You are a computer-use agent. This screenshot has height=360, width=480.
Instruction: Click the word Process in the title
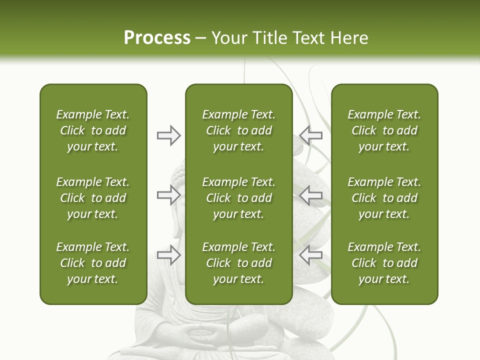click(x=157, y=38)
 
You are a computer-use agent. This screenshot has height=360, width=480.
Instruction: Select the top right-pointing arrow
click(x=168, y=135)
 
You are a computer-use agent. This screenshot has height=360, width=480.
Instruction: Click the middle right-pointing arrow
click(x=168, y=195)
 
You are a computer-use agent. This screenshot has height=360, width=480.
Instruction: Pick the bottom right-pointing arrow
click(x=168, y=255)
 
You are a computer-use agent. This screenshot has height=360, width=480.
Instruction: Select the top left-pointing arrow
click(x=310, y=135)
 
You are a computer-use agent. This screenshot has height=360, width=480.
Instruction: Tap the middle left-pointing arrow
click(x=310, y=195)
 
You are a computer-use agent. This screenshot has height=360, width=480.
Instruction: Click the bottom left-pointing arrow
click(x=310, y=255)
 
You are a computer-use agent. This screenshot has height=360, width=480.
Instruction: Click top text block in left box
click(x=93, y=130)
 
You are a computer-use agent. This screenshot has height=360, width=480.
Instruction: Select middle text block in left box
click(x=93, y=198)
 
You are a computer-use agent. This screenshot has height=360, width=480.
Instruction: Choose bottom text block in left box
click(x=93, y=263)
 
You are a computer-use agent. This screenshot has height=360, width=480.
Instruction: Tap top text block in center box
click(x=238, y=130)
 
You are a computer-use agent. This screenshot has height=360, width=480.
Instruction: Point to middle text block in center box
click(x=238, y=198)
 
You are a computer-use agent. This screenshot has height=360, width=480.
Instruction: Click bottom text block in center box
click(x=238, y=263)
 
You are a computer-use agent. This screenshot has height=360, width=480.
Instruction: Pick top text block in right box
click(x=384, y=130)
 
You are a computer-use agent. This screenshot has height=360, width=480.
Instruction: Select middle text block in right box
click(x=384, y=198)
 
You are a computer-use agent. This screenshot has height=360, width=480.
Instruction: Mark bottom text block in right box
click(x=384, y=263)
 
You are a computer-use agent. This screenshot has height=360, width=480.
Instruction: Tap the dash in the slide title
click(x=201, y=38)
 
